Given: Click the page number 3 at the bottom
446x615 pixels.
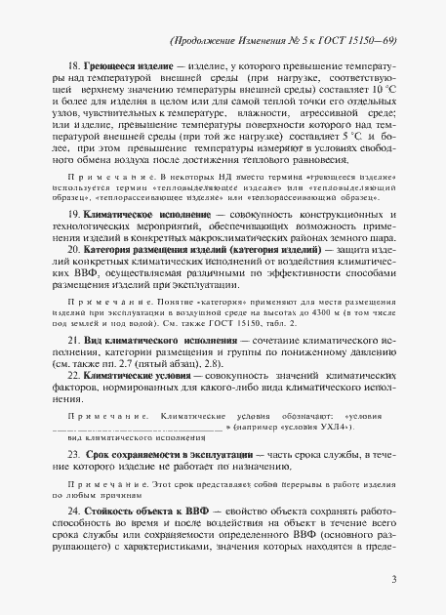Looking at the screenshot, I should click(392, 579).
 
